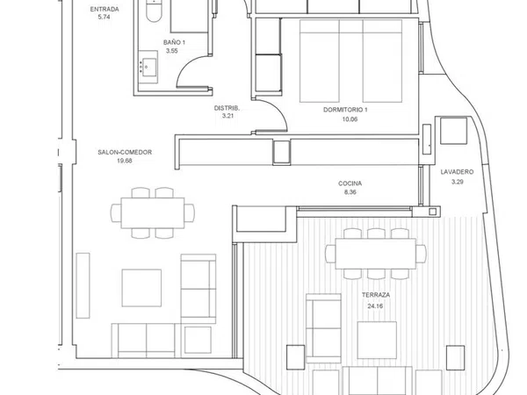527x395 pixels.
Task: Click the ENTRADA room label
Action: pyautogui.click(x=105, y=10)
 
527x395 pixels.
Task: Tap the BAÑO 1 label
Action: pyautogui.click(x=174, y=42)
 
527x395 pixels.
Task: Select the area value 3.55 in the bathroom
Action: pyautogui.click(x=171, y=51)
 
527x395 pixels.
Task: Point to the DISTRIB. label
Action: pyautogui.click(x=227, y=108)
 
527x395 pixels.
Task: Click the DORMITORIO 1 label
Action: pyautogui.click(x=345, y=110)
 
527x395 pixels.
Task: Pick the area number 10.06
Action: pyautogui.click(x=350, y=119)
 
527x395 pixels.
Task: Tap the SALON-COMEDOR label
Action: pyautogui.click(x=125, y=152)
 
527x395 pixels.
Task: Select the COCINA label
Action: pyautogui.click(x=350, y=183)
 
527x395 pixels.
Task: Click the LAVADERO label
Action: pyautogui.click(x=457, y=172)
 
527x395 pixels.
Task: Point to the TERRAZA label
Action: pyautogui.click(x=376, y=295)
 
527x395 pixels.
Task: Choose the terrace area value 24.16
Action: pyautogui.click(x=375, y=306)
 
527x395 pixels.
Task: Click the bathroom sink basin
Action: pyautogui.click(x=148, y=68)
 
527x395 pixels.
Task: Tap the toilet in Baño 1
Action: pyautogui.click(x=154, y=11)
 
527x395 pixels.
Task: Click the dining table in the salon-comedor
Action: pyautogui.click(x=153, y=213)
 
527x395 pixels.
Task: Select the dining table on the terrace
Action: pyautogui.click(x=375, y=254)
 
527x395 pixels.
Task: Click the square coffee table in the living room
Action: pyautogui.click(x=141, y=288)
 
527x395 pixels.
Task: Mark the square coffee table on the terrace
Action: pyautogui.click(x=377, y=340)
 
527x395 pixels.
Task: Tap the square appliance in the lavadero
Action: pyautogui.click(x=453, y=131)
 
